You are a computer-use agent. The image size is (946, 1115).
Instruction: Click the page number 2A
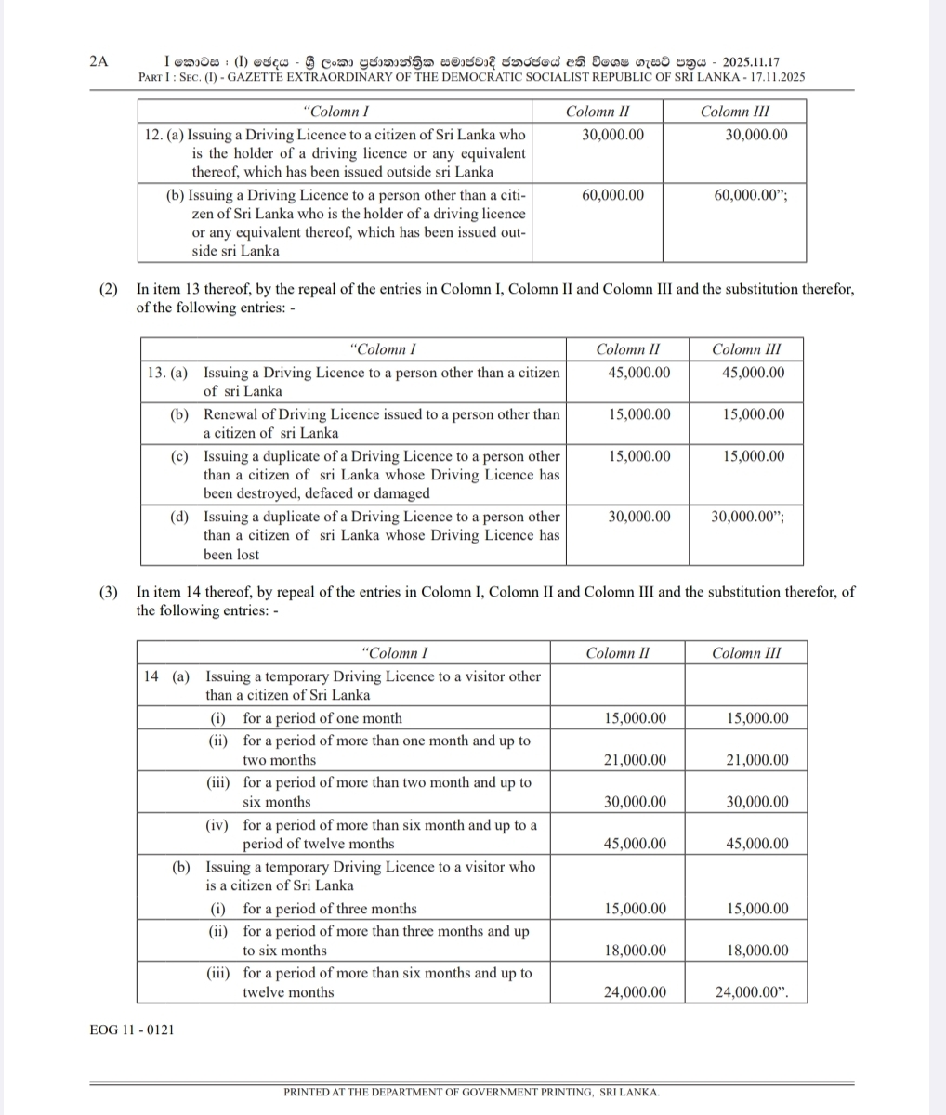(x=99, y=61)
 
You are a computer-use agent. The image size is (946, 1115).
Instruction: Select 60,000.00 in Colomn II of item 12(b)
(x=612, y=195)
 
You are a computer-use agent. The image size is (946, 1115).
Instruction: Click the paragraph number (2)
(x=109, y=289)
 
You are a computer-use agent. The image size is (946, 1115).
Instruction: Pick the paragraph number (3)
(x=109, y=591)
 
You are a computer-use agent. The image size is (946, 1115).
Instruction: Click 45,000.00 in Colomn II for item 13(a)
(x=639, y=373)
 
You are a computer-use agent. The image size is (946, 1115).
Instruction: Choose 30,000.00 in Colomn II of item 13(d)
(x=639, y=517)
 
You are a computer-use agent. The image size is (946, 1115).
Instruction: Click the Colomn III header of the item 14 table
(x=746, y=652)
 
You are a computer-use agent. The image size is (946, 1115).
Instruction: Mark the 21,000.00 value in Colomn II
(x=635, y=760)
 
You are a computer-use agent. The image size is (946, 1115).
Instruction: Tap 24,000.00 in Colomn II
(x=635, y=992)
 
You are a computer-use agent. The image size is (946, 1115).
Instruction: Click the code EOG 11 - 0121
(x=132, y=1030)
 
